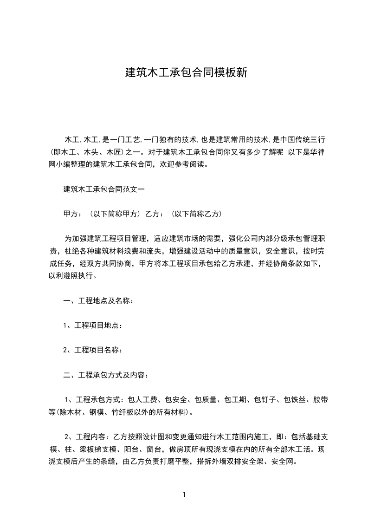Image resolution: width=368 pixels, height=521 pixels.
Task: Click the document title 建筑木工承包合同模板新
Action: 184,73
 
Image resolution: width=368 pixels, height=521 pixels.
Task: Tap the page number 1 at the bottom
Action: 184,495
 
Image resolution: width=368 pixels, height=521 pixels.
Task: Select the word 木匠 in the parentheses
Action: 115,152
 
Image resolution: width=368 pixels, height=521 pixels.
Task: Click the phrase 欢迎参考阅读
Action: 186,164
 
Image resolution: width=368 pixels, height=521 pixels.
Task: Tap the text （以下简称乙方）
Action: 196,214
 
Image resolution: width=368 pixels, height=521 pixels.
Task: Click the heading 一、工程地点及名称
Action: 98,301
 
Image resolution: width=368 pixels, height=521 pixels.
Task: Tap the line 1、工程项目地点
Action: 92,326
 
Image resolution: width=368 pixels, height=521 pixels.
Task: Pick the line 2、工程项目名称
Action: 92,350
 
